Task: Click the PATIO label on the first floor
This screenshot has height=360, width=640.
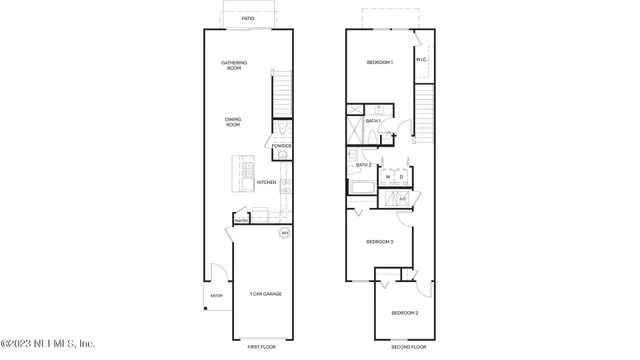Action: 248,18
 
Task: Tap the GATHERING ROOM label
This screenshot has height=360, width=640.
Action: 234,66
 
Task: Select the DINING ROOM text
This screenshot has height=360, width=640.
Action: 233,122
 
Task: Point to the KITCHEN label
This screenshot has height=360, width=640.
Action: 266,182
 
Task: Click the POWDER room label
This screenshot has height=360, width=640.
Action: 281,146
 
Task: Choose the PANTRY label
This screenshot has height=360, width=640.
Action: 241,221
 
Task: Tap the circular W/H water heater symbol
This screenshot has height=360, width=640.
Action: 284,233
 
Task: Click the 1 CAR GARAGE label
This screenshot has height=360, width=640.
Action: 265,294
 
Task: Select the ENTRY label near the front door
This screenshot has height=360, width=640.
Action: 217,296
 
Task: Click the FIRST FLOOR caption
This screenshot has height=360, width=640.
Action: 262,347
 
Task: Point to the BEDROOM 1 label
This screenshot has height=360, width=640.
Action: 380,63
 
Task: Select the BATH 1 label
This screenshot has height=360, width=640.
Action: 373,121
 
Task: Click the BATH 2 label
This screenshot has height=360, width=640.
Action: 363,165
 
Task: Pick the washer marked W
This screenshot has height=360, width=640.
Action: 389,177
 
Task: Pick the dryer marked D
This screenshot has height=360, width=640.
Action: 401,177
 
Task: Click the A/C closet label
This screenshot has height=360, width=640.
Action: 402,199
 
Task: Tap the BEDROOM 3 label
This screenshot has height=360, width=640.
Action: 379,242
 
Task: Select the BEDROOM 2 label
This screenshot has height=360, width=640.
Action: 404,313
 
